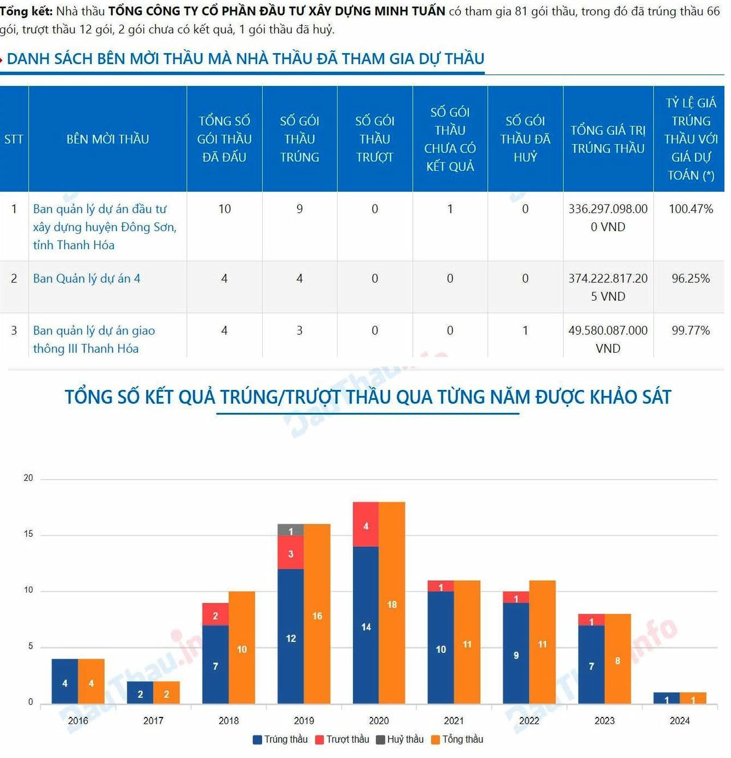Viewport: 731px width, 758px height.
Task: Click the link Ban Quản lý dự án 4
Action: point(87,278)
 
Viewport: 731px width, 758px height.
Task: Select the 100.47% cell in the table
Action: point(690,209)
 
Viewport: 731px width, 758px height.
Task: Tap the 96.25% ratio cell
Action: point(690,278)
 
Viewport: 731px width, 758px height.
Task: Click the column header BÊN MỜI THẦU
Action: point(107,139)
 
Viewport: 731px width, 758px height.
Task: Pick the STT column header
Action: point(14,139)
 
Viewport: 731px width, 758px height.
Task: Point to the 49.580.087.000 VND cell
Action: point(608,339)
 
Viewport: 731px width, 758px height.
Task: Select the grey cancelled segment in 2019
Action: point(291,530)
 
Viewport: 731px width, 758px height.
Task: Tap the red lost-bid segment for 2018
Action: point(215,615)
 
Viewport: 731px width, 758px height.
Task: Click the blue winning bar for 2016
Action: point(65,681)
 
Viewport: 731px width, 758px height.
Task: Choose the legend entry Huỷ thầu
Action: point(400,739)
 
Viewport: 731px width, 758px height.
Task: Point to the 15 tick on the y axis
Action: point(28,534)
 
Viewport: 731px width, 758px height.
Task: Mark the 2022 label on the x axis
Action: point(529,720)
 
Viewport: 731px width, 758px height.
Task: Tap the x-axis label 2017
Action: point(153,720)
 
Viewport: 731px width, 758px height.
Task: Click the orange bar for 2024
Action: point(693,698)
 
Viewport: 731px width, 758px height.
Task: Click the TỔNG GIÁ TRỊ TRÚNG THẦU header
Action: point(608,139)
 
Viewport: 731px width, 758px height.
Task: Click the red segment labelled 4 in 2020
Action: point(366,525)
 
